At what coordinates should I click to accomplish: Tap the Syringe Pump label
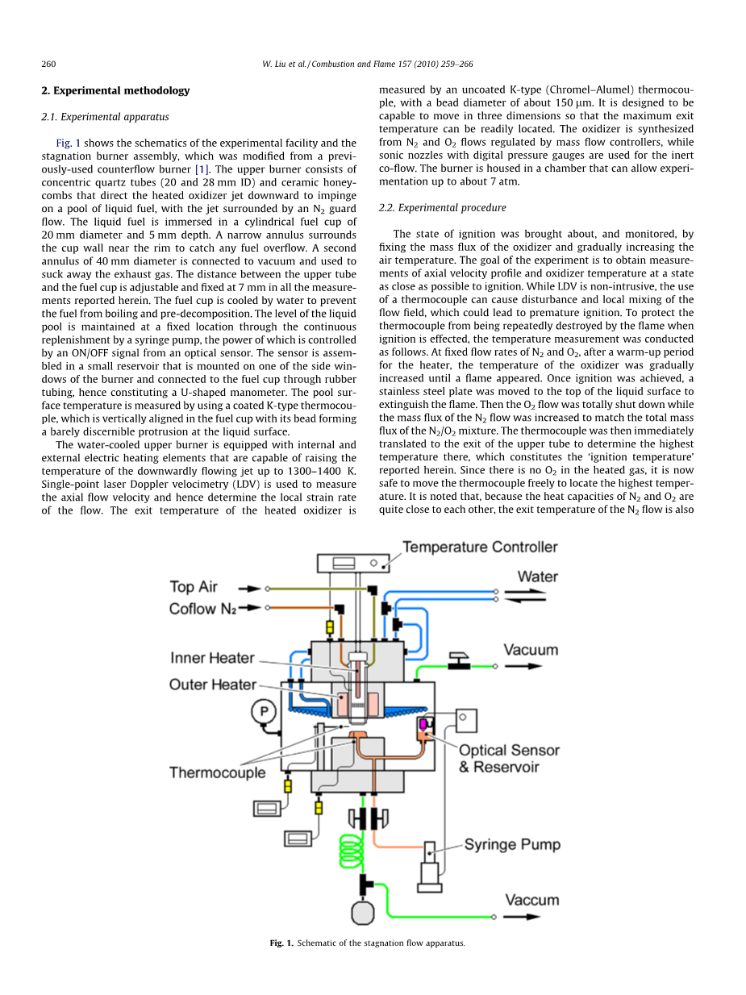click(x=512, y=845)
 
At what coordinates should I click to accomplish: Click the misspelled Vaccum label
click(x=532, y=900)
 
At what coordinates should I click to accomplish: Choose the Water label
click(x=537, y=577)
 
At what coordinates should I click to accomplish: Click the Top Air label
click(x=193, y=587)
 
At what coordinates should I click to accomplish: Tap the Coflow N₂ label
click(x=202, y=609)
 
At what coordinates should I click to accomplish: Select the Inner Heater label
click(x=212, y=659)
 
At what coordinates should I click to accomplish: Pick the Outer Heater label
click(x=212, y=685)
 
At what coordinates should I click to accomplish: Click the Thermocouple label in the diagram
click(x=217, y=772)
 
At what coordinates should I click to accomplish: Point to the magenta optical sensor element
click(x=423, y=724)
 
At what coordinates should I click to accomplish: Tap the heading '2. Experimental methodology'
click(x=115, y=90)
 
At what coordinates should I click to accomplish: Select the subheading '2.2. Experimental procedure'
click(x=442, y=208)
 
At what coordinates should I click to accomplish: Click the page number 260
click(x=48, y=64)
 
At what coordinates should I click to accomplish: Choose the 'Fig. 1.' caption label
click(x=281, y=943)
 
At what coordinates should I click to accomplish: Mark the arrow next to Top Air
click(x=252, y=588)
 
